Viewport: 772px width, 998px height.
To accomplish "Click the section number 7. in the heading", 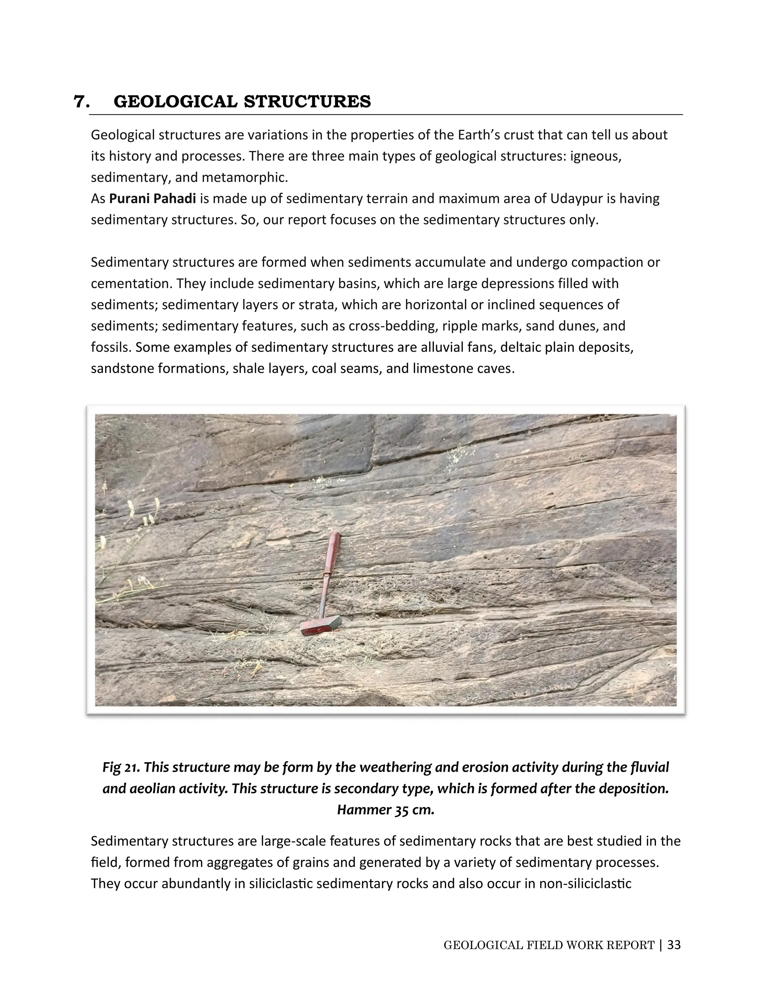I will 81,101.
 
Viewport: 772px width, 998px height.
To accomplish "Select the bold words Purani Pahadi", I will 152,199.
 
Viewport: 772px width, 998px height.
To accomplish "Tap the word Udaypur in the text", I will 574,199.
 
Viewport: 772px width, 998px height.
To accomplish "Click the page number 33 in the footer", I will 674,945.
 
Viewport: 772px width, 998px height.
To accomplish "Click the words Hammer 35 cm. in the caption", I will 386,810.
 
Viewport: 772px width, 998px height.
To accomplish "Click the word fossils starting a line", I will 110,347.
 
